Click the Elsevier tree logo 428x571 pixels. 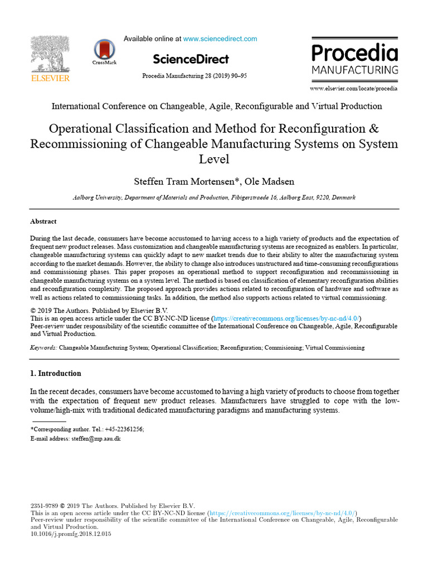click(50, 55)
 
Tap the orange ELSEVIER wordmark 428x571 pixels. click(50, 78)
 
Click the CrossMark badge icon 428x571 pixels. click(104, 50)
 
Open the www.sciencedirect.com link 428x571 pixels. click(220, 39)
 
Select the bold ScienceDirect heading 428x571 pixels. click(191, 59)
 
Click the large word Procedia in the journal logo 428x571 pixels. click(354, 54)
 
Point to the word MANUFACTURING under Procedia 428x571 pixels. click(354, 70)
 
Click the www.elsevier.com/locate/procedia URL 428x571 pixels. click(354, 89)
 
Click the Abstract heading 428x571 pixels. click(43, 221)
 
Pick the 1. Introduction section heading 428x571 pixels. click(55, 374)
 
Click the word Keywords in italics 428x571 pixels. click(43, 347)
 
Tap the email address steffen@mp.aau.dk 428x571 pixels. click(96, 439)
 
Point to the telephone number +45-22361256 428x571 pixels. click(125, 429)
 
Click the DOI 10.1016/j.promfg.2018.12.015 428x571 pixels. click(71, 534)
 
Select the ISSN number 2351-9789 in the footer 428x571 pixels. click(44, 506)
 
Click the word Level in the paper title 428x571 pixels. click(214, 159)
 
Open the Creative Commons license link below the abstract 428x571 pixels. click(285, 318)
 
